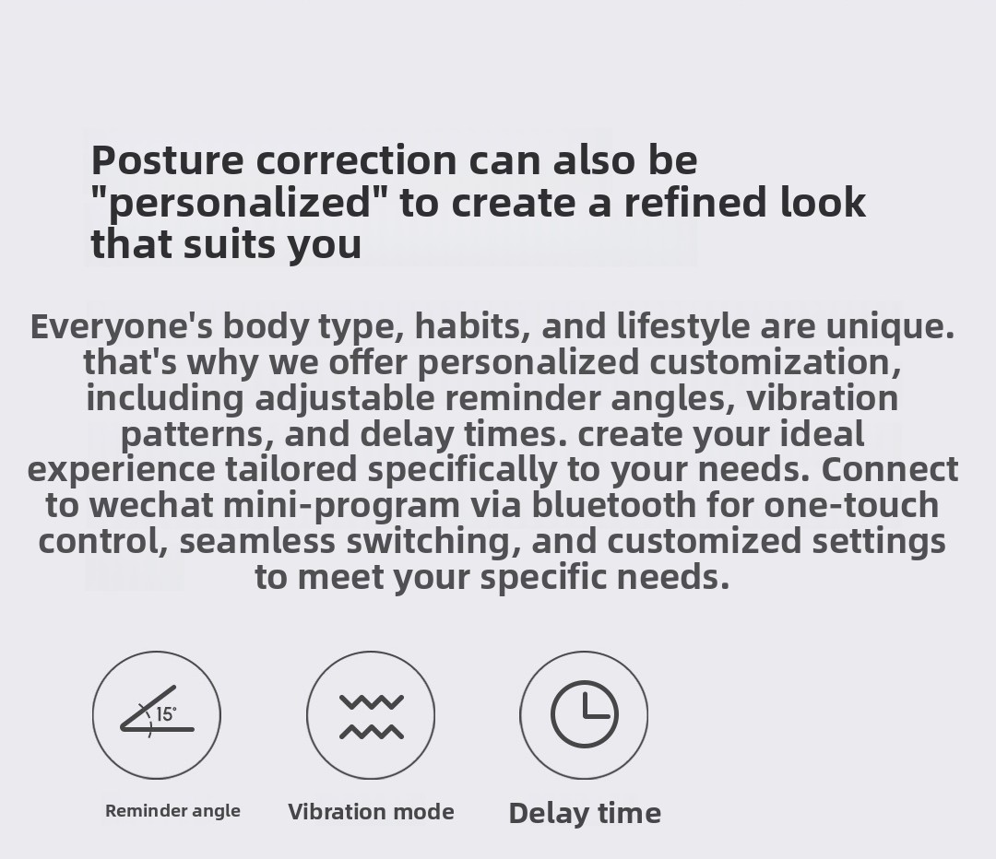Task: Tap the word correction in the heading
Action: tap(356, 160)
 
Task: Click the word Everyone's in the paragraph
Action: tap(122, 327)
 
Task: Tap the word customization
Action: tap(775, 362)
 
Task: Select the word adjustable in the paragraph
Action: tap(345, 399)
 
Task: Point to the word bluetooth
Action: tap(613, 505)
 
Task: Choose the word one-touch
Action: tap(851, 505)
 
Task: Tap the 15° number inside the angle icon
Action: tap(166, 714)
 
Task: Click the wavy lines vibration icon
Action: tap(372, 717)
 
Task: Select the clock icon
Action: tap(585, 714)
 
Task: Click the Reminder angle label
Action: tap(172, 811)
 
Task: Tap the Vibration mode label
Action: tap(371, 811)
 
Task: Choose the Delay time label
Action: tap(585, 813)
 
